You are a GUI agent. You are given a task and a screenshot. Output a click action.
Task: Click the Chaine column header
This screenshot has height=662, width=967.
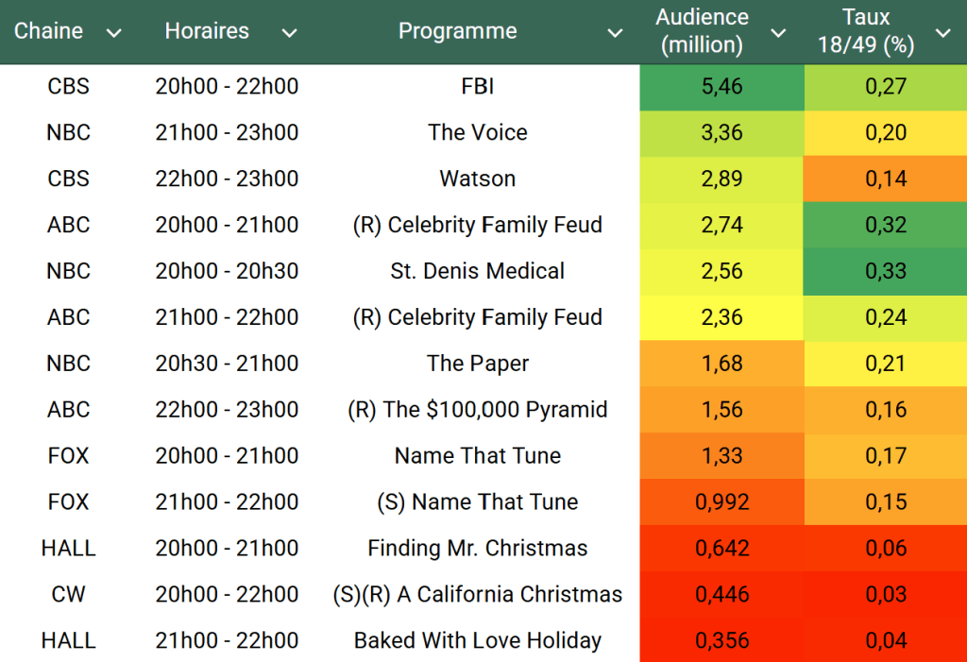click(49, 31)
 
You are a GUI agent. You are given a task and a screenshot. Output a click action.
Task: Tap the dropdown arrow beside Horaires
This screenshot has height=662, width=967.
click(289, 33)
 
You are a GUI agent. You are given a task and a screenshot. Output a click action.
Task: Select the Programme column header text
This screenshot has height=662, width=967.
click(457, 31)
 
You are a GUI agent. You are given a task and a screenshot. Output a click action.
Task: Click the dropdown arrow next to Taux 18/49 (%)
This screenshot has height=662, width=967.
click(942, 33)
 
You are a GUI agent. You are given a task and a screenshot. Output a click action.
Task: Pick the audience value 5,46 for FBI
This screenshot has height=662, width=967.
click(721, 87)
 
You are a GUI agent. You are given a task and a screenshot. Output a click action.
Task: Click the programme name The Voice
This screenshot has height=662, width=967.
click(477, 133)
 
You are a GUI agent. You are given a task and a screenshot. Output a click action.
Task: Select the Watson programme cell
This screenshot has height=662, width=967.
click(477, 179)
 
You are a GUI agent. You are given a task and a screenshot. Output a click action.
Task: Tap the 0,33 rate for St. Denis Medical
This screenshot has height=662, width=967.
click(886, 271)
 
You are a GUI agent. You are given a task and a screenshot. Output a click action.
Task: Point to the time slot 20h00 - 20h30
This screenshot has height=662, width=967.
click(227, 271)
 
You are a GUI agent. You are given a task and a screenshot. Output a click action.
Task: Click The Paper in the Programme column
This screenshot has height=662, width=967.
click(477, 364)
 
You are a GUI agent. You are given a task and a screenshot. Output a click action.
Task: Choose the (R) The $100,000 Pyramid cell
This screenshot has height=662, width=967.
click(477, 410)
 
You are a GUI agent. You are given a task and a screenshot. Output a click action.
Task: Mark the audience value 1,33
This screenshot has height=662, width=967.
click(721, 456)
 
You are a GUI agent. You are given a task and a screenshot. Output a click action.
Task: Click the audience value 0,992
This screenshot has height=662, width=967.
click(721, 502)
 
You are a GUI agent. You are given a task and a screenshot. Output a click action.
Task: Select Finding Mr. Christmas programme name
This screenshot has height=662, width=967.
click(477, 549)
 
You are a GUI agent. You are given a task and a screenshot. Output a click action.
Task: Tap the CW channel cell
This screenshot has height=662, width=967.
click(68, 595)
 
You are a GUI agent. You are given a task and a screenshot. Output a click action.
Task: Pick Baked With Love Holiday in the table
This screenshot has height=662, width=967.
click(477, 641)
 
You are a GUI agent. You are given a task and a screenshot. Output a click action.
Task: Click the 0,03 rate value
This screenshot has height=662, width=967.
click(886, 595)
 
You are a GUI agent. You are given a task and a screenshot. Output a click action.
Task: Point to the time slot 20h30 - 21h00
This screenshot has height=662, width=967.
click(227, 364)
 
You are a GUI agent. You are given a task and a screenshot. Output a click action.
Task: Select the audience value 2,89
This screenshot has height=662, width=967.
click(721, 179)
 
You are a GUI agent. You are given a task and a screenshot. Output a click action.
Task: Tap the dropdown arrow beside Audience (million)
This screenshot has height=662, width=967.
click(778, 33)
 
